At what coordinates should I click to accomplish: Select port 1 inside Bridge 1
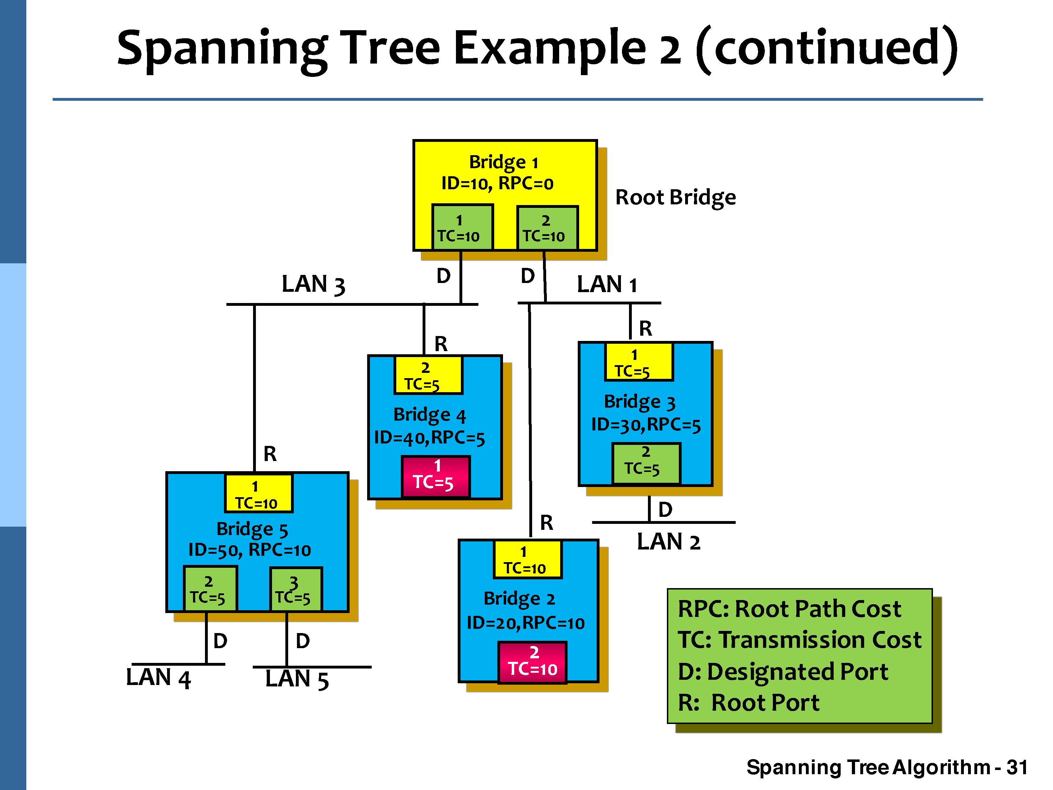pos(462,228)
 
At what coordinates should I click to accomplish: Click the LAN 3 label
pos(313,284)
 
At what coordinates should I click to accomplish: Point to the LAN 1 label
pos(607,284)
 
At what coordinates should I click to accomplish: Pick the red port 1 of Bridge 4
pos(436,476)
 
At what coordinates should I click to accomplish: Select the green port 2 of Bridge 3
pos(645,463)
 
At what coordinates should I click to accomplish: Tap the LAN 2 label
pos(668,542)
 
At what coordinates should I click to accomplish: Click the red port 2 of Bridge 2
pos(532,662)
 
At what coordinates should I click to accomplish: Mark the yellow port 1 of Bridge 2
pos(528,560)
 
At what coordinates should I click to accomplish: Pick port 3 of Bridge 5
pos(296,589)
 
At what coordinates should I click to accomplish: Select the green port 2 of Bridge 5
pos(210,589)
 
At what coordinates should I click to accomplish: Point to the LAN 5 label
pos(297,679)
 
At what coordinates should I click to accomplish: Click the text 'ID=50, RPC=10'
pos(250,550)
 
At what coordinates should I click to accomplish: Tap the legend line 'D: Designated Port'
pos(783,671)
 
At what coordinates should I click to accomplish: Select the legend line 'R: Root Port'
pos(748,702)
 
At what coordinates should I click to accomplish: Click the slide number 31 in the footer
pos(1017,768)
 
